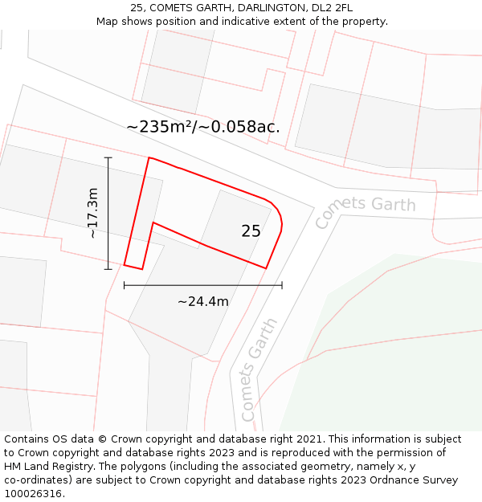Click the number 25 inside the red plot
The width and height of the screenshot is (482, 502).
point(251,231)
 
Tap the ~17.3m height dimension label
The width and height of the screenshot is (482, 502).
point(93,213)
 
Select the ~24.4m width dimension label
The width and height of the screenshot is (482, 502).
point(203,302)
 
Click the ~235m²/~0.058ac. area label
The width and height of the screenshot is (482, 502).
point(203,127)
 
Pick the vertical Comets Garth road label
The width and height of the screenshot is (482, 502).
point(259,370)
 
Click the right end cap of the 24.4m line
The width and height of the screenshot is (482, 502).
point(282,284)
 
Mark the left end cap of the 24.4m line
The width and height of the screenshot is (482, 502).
point(124,284)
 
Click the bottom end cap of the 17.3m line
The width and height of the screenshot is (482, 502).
point(108,269)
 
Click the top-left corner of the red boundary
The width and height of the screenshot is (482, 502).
point(149,157)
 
